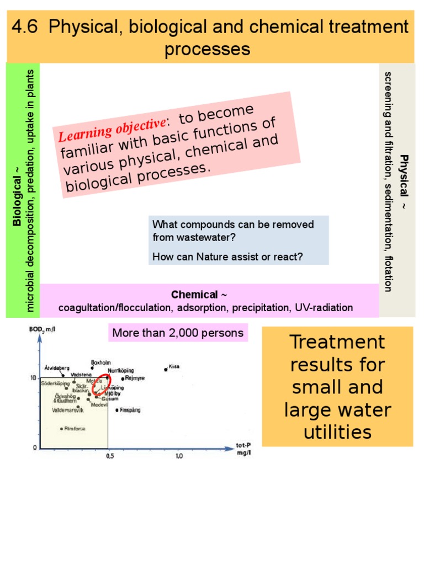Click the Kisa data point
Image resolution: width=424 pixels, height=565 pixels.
point(166,369)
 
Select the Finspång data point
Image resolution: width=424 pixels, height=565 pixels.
point(117,410)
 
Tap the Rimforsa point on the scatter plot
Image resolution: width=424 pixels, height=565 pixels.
point(62,428)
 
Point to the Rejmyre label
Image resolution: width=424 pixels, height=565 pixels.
point(135,379)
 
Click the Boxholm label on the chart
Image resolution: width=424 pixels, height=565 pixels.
point(102,363)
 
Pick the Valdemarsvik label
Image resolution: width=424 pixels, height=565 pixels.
point(67,411)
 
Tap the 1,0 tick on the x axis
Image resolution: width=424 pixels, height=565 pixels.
point(179,456)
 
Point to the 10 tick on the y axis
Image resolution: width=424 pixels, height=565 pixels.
point(33,377)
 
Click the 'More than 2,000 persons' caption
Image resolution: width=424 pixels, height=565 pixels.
point(178,333)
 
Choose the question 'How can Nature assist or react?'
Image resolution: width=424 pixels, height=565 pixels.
point(227,257)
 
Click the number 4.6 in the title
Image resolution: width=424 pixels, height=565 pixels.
point(28,26)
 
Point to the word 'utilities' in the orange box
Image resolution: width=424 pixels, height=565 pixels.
point(338,431)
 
